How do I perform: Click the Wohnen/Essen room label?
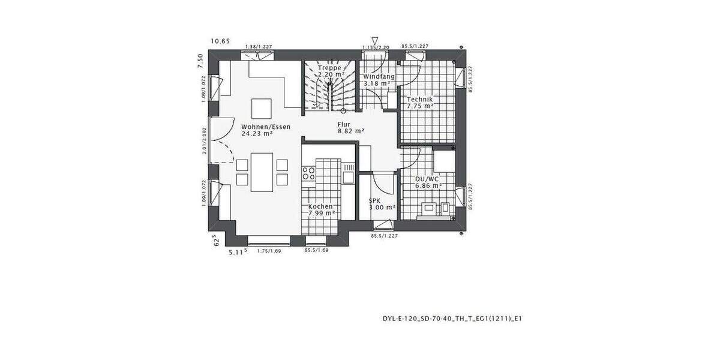coord(265,127)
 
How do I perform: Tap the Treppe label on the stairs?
coord(329,68)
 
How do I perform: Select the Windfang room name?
coord(379,77)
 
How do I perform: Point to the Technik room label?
coord(420,99)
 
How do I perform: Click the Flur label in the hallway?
coord(344,124)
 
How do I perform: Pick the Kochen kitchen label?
coord(321,206)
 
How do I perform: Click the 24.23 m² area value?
coord(257,134)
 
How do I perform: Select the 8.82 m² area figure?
coord(351,131)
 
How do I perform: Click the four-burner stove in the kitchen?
coord(309,173)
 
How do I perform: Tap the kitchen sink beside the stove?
coord(349,173)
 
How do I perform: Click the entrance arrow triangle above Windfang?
coord(375,40)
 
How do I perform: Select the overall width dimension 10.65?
coord(220,41)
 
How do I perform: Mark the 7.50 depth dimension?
coord(200,61)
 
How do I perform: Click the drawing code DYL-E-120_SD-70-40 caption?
coord(452,319)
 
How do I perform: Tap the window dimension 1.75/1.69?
coord(269,250)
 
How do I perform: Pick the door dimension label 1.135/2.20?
coord(376,47)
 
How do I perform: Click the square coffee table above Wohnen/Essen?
coord(262,108)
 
